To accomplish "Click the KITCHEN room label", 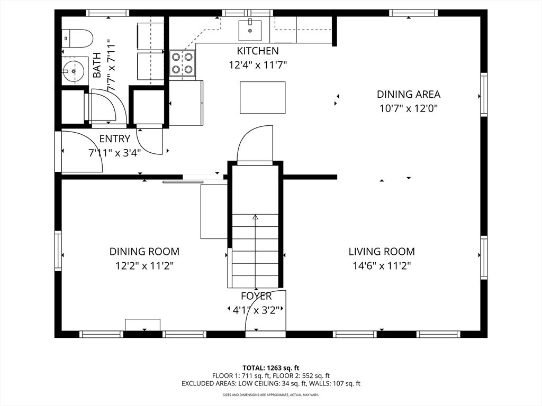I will point(257,51).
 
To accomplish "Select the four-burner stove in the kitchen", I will point(182,63).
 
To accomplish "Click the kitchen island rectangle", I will point(263,98).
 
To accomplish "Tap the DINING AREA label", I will point(408,95).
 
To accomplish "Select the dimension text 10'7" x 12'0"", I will point(408,108).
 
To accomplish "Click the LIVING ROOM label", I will point(381,252).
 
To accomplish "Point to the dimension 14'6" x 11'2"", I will point(381,266).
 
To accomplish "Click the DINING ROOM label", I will point(144,252).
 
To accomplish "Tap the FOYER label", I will point(256,296).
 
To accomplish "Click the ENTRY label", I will point(114,139).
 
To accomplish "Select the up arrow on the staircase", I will point(255,217).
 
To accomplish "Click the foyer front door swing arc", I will point(274,307).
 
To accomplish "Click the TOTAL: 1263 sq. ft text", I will point(271,367).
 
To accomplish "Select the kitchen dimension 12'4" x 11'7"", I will point(257,65).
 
